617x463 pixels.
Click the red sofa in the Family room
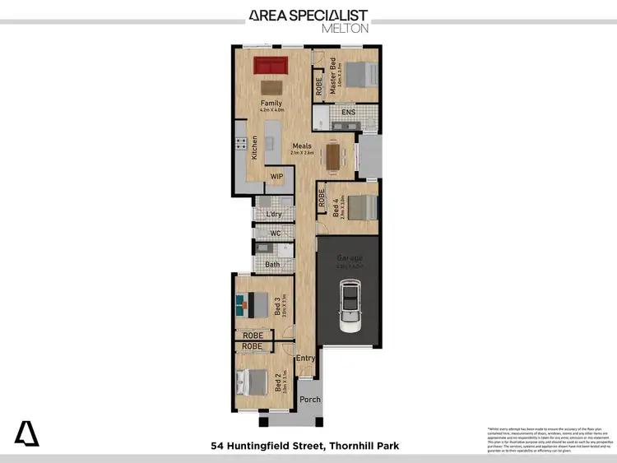[269, 65]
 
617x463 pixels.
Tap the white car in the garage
[350, 306]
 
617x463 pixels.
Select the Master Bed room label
[334, 78]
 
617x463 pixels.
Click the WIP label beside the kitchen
[278, 176]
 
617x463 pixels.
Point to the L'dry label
[263, 215]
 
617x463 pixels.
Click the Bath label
[272, 264]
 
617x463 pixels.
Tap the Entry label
[305, 358]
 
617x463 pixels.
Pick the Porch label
[310, 400]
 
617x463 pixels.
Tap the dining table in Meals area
[333, 155]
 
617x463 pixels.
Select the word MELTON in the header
[345, 28]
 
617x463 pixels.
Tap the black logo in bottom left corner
[26, 433]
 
